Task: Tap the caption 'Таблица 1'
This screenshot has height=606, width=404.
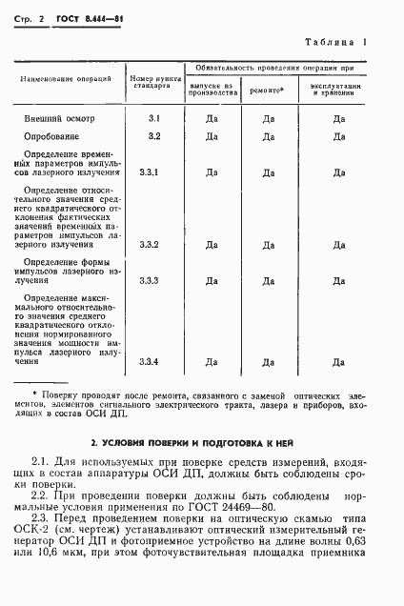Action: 342,42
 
